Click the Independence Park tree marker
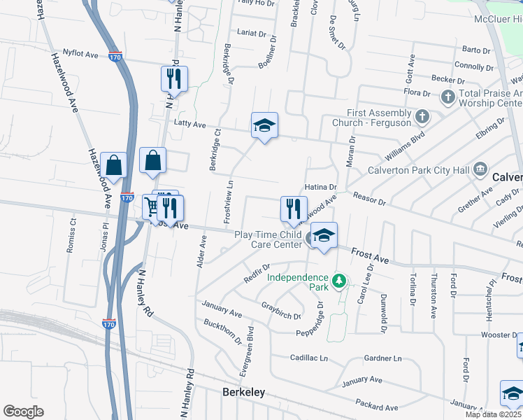[x=340, y=281]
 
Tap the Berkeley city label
[x=243, y=392]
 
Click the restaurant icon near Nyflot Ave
[x=174, y=78]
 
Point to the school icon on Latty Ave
[x=264, y=125]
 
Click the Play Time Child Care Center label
[x=268, y=239]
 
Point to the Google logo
[x=23, y=412]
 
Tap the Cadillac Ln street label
[x=309, y=358]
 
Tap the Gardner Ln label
[x=383, y=358]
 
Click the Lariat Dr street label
[x=252, y=34]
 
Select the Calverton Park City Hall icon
[x=480, y=169]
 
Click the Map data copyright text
[x=494, y=414]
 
